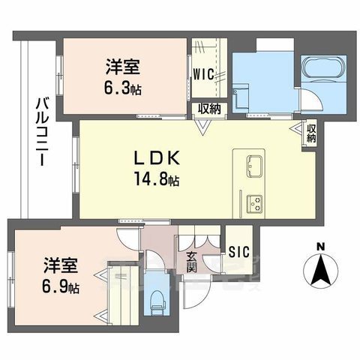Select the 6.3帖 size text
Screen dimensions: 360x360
124,88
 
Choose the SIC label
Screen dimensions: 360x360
240,253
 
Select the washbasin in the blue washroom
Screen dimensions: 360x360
240,97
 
